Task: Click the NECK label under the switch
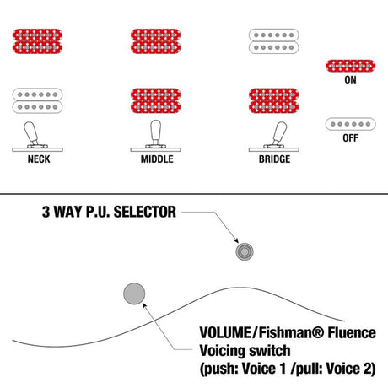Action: pos(39,159)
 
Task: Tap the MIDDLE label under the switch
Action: pos(157,159)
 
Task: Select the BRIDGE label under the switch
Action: pos(274,159)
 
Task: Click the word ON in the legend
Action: pos(350,80)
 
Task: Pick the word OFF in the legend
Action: pos(350,138)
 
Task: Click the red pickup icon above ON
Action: pos(350,66)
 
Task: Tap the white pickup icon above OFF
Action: pos(350,124)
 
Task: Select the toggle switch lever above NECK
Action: pos(31,133)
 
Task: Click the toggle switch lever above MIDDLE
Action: pos(156,132)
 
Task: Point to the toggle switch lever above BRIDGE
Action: pos(279,133)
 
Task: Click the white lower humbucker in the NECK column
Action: pos(37,100)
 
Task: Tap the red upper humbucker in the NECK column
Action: pos(37,41)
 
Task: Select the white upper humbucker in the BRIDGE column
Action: pos(274,41)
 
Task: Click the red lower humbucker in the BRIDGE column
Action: pos(274,100)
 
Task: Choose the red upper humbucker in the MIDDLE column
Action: pos(156,41)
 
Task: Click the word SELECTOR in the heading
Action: pos(145,212)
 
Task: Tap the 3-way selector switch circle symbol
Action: pos(245,251)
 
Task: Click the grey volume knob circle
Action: pos(134,294)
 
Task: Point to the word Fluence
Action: pos(352,332)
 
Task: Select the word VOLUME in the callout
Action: pos(224,332)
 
